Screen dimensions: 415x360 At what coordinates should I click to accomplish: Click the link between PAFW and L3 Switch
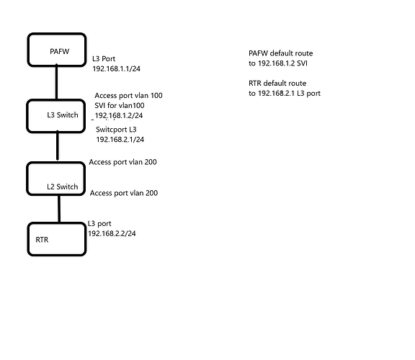pyautogui.click(x=56, y=82)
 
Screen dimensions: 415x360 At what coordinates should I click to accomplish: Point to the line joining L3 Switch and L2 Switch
pyautogui.click(x=58, y=145)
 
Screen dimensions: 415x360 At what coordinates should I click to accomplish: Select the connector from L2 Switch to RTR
pyautogui.click(x=59, y=209)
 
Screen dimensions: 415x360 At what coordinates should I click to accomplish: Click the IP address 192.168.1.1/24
pyautogui.click(x=117, y=69)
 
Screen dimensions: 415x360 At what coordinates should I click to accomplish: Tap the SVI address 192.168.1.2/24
pyautogui.click(x=119, y=116)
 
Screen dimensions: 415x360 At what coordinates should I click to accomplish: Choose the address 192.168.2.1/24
pyautogui.click(x=120, y=140)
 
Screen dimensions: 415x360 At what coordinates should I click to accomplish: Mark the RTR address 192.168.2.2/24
pyautogui.click(x=112, y=233)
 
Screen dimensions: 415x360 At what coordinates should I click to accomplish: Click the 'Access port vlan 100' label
pyautogui.click(x=129, y=96)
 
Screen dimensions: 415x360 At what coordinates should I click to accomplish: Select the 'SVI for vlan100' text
pyautogui.click(x=120, y=106)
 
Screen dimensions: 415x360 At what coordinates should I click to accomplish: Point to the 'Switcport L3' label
pyautogui.click(x=116, y=130)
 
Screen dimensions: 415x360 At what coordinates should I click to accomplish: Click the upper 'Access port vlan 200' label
pyautogui.click(x=122, y=162)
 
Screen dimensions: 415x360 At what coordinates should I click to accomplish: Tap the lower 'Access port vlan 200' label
pyautogui.click(x=124, y=193)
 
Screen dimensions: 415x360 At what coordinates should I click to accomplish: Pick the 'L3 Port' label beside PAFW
pyautogui.click(x=104, y=59)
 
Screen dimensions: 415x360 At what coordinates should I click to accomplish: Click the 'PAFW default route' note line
pyautogui.click(x=281, y=53)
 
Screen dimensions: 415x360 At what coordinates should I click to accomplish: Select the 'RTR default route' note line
pyautogui.click(x=277, y=84)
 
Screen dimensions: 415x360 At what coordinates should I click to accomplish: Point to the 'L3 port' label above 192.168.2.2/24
pyautogui.click(x=99, y=224)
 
